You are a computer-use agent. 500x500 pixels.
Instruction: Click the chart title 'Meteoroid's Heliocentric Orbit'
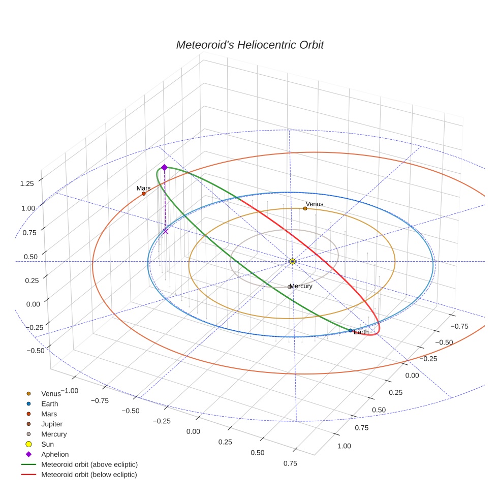coord(249,45)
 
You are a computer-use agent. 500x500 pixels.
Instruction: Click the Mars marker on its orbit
coord(144,194)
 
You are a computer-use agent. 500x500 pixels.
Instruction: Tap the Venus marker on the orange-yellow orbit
coord(305,208)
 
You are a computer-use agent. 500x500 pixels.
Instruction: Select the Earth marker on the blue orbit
coord(351,330)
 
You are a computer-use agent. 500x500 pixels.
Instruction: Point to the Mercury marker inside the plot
coord(290,287)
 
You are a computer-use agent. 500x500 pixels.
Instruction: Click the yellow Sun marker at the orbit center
coord(292,261)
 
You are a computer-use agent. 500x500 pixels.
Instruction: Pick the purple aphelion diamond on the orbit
coord(164,167)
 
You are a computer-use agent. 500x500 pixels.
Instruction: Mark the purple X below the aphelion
coord(166,231)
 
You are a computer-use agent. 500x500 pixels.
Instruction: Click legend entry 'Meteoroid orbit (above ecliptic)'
coord(89,464)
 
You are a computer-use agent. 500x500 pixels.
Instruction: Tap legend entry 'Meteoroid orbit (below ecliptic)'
coord(89,475)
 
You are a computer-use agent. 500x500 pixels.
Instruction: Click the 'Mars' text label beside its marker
coord(144,188)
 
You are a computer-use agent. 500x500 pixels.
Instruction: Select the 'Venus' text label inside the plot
coord(315,204)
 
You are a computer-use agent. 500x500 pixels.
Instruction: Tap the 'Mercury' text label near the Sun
coord(301,286)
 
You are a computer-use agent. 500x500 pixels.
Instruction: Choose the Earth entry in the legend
coord(49,403)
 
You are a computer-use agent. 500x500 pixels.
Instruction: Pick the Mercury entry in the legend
coord(53,434)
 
